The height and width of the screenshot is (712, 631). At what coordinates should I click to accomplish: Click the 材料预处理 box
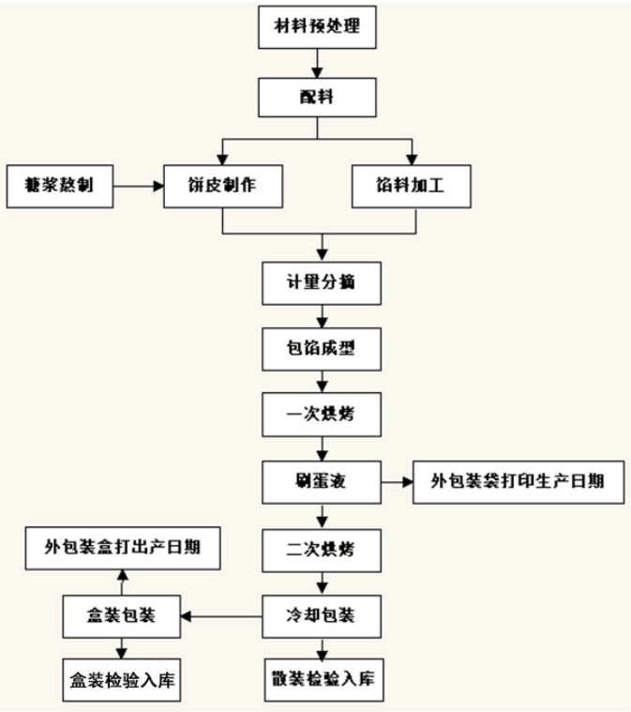320,28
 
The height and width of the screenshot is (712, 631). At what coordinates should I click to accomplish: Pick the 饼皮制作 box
222,186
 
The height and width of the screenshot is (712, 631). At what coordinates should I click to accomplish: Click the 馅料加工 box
413,186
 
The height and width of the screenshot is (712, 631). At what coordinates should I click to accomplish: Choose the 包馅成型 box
321,350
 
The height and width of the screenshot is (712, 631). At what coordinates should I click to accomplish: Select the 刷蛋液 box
321,483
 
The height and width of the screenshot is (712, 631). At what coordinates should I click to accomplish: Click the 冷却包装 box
321,616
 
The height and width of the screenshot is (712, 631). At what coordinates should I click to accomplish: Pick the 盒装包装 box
122,616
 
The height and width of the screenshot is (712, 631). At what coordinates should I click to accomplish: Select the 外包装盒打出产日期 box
122,547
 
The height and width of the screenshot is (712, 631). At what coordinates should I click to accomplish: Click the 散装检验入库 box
321,677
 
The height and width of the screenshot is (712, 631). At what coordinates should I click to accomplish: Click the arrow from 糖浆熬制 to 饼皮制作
139,186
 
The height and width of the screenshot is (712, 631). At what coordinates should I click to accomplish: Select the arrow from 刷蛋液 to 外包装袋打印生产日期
395,483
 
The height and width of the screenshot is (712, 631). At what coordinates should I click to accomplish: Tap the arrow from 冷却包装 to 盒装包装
222,616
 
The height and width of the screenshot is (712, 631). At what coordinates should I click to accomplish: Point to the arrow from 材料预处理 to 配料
320,63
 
